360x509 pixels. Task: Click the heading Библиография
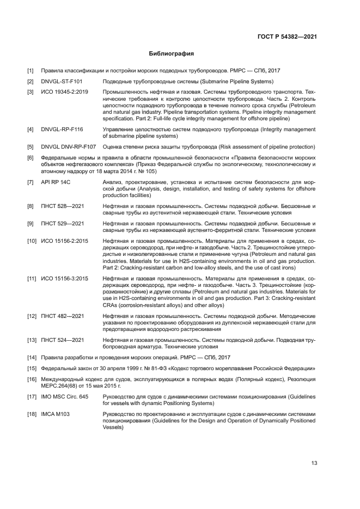click(x=172, y=54)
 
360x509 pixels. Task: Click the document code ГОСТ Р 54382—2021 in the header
click(x=287, y=37)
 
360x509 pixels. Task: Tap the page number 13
click(x=314, y=463)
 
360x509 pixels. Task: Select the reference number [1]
click(x=30, y=71)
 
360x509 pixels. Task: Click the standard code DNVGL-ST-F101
click(x=62, y=81)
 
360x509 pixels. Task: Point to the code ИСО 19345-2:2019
click(x=65, y=91)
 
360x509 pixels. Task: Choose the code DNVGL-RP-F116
click(x=62, y=130)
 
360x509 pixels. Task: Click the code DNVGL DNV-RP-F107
click(x=68, y=147)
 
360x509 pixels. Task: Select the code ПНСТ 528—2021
click(x=62, y=206)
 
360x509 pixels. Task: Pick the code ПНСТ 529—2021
click(x=62, y=224)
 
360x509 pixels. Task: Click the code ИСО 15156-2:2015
click(x=65, y=241)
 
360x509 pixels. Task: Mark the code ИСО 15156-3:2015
click(x=65, y=279)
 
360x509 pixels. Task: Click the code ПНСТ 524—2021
click(x=62, y=340)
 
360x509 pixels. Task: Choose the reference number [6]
click(x=30, y=157)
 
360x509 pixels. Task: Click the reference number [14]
click(x=32, y=357)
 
